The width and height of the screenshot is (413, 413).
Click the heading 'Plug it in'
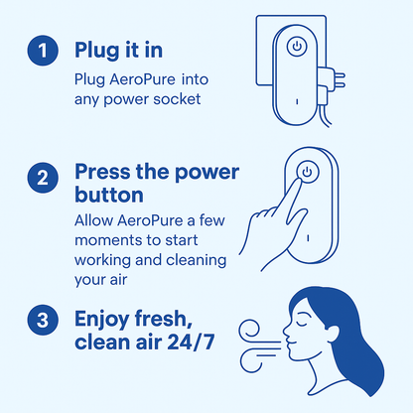(x=120, y=50)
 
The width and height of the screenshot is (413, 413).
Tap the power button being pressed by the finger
(x=307, y=171)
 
